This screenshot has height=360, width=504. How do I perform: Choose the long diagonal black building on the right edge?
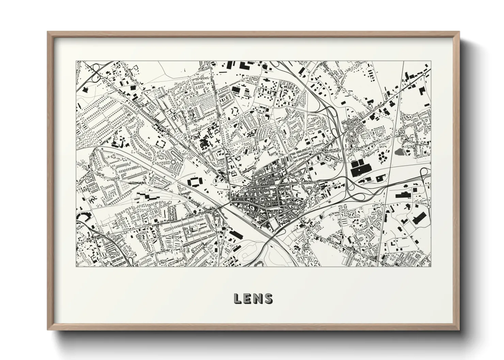(419, 217)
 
